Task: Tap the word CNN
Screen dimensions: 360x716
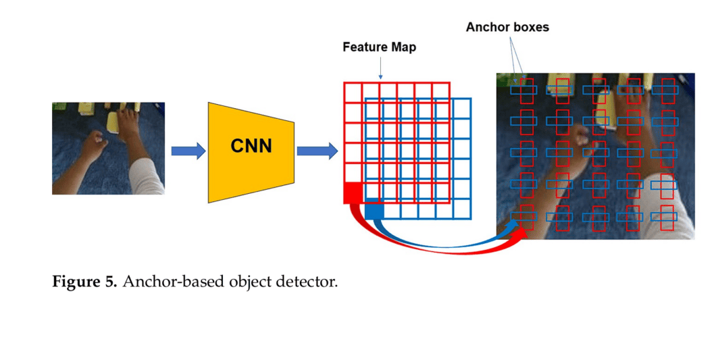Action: tap(251, 145)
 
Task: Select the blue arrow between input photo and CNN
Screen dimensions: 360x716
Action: tap(188, 151)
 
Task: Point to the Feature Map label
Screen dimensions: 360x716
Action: tap(379, 47)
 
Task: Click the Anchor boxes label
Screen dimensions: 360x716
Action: tap(507, 28)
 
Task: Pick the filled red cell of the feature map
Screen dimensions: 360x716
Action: tap(353, 192)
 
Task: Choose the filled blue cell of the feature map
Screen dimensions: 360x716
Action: tap(374, 211)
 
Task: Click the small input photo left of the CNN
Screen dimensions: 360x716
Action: tap(108, 148)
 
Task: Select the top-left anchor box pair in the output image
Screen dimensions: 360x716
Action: tap(523, 90)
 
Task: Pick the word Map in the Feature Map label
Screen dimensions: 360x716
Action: tap(403, 47)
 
